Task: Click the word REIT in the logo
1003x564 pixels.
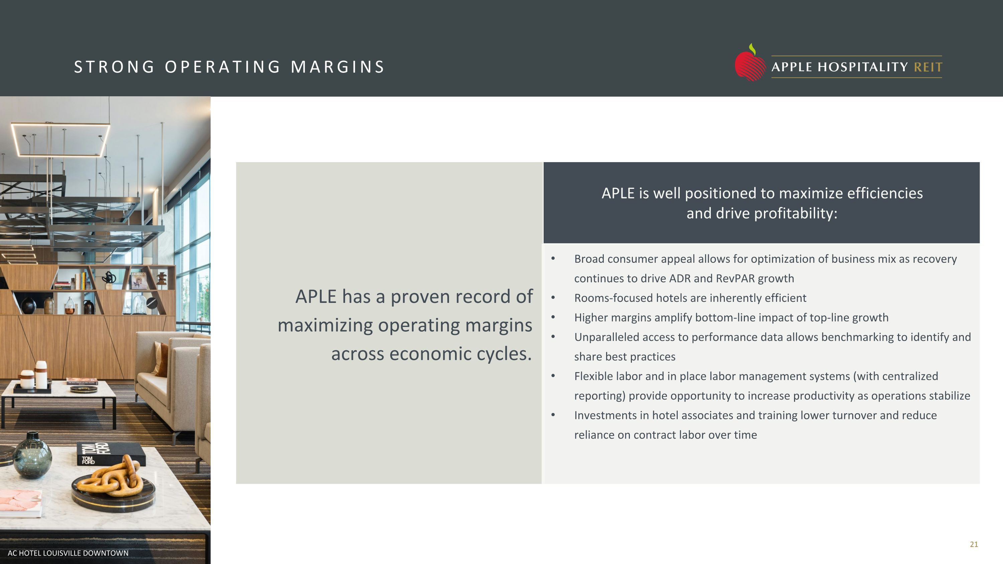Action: (x=928, y=67)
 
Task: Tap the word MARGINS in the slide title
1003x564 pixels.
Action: (x=337, y=67)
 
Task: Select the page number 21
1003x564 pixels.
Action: (x=974, y=544)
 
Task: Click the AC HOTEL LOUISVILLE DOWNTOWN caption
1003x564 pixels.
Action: (x=68, y=553)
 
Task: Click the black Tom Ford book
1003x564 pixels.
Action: (x=111, y=453)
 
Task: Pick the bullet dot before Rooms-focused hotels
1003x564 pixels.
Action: (x=553, y=298)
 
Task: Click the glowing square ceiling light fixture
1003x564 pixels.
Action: (x=61, y=139)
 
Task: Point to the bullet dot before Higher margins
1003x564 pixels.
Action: (x=553, y=317)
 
